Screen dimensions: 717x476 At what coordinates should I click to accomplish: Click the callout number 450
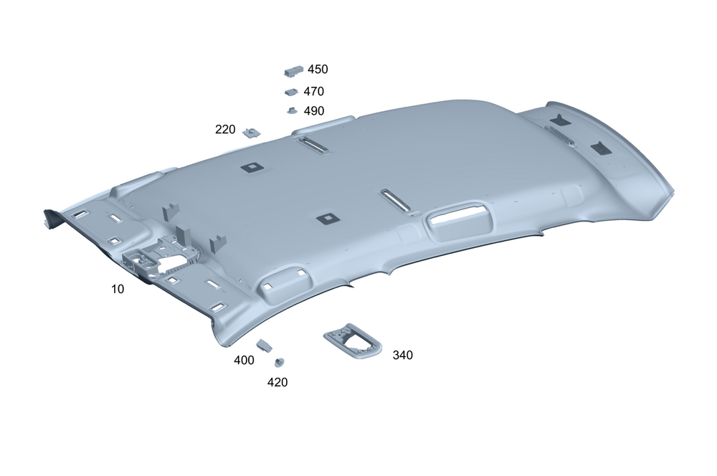(318, 69)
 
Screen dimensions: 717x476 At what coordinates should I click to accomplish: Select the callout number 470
(314, 92)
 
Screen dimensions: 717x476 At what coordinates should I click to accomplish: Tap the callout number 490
(314, 110)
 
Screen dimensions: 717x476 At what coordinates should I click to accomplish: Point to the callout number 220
(225, 130)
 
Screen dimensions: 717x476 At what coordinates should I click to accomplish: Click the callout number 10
(118, 289)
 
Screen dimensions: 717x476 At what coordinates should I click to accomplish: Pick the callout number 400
(244, 361)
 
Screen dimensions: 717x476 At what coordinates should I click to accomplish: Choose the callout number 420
(277, 382)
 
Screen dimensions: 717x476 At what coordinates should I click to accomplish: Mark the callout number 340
(402, 355)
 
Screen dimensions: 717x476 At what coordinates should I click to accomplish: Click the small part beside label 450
(293, 71)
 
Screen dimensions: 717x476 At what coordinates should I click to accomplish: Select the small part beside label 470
(291, 92)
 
